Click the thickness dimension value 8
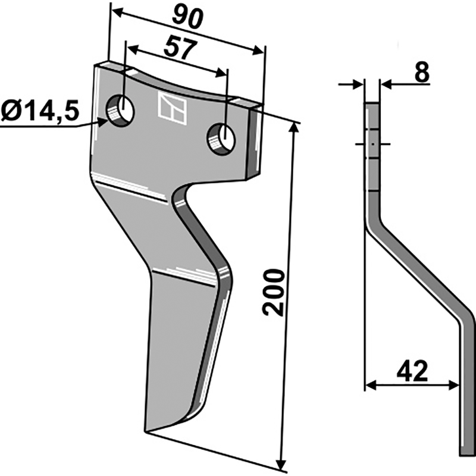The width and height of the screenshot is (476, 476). (421, 73)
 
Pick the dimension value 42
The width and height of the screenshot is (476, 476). (412, 373)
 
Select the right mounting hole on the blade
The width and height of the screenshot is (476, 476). (221, 138)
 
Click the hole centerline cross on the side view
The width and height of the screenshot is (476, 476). (371, 144)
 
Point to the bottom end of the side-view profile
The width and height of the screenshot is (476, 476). (467, 453)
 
